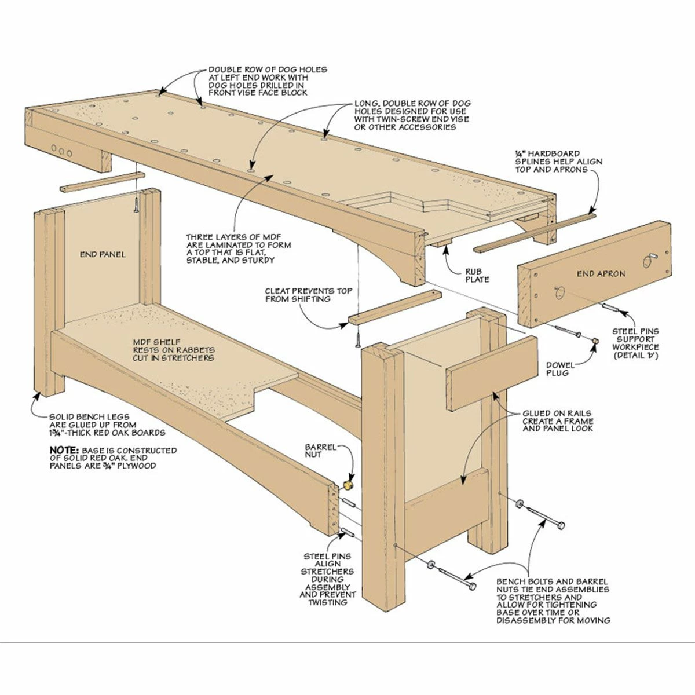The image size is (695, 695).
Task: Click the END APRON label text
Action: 601,274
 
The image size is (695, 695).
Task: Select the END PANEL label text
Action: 103,254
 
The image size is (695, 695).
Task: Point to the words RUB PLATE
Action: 477,276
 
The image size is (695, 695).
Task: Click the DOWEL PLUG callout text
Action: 560,369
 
